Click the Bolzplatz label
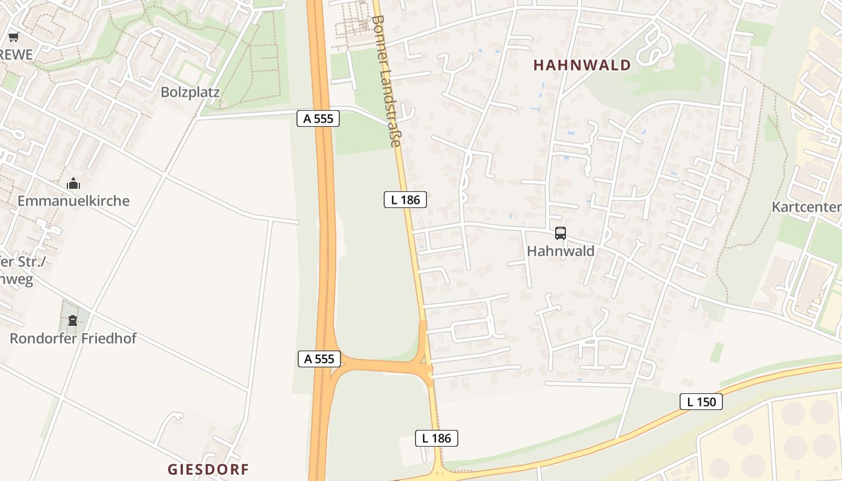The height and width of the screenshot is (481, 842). [x=190, y=93]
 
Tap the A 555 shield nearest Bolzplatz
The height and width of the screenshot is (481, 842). [x=318, y=118]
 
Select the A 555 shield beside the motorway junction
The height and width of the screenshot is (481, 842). [x=319, y=359]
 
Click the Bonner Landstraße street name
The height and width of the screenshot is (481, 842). [x=386, y=81]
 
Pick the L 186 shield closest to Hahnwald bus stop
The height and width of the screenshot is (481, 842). [x=405, y=200]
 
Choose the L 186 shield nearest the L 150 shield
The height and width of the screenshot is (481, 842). [x=437, y=438]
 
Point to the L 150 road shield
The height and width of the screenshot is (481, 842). [x=701, y=402]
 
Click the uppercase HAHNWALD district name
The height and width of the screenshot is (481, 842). [x=582, y=66]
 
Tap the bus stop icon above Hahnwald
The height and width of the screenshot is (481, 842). [x=561, y=233]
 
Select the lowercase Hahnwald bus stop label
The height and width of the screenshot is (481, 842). [x=561, y=251]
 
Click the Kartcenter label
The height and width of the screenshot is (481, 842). [x=806, y=207]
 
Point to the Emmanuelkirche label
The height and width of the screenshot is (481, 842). [x=73, y=201]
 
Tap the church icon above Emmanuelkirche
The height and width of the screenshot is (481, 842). [x=73, y=183]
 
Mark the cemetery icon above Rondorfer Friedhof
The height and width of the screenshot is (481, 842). [x=73, y=320]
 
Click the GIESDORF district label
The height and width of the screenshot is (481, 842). [x=207, y=470]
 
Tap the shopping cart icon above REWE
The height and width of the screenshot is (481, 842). [x=13, y=37]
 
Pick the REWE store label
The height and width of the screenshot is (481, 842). [x=16, y=55]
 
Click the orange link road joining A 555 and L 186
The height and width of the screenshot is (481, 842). [x=379, y=364]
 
